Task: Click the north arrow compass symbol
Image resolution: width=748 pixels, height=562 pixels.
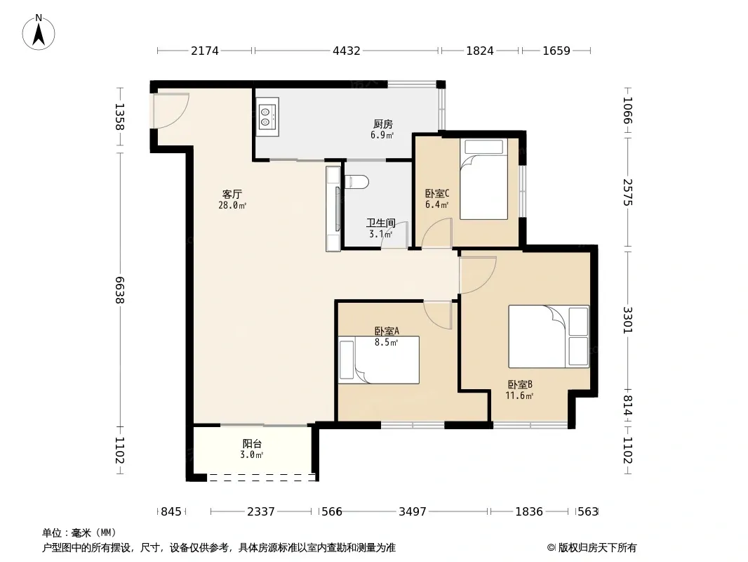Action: (39, 32)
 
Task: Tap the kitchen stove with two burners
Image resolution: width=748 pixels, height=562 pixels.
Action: (267, 117)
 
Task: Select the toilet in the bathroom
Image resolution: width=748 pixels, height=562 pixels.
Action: (356, 182)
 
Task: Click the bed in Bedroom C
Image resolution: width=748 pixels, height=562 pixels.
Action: (483, 179)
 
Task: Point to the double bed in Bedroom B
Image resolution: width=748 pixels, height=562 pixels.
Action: (549, 336)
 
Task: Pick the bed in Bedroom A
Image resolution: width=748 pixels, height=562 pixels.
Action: (379, 360)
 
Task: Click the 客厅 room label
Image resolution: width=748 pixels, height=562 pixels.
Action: (232, 195)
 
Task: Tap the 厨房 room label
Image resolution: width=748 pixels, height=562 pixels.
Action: (382, 124)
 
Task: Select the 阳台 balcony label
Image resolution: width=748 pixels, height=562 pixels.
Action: (252, 444)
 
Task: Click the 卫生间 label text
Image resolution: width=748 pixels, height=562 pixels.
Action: (381, 223)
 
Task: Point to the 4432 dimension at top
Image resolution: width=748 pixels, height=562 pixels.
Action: (347, 50)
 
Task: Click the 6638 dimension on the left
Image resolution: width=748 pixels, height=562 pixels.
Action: (119, 290)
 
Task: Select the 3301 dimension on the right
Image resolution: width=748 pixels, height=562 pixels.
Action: (628, 320)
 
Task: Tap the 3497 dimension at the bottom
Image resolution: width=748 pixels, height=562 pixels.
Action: (412, 511)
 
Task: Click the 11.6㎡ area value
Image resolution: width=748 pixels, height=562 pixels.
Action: (519, 396)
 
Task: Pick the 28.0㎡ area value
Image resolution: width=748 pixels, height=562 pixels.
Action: (232, 206)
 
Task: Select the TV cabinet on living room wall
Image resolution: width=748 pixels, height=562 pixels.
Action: (333, 209)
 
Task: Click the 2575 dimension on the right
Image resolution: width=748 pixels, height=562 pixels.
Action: (628, 192)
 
